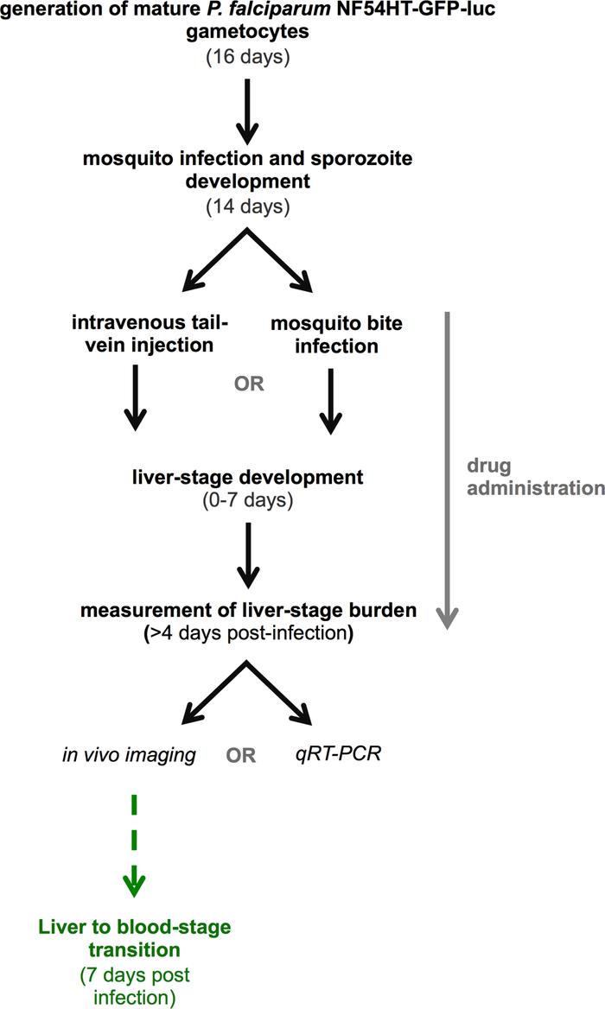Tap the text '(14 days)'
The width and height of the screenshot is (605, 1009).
248,207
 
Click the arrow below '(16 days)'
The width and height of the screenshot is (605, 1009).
248,111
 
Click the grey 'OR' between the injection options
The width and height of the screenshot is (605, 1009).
248,383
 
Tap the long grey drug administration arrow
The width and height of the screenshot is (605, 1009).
447,466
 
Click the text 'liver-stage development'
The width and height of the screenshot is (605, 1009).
248,476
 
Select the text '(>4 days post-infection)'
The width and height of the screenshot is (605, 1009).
248,631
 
